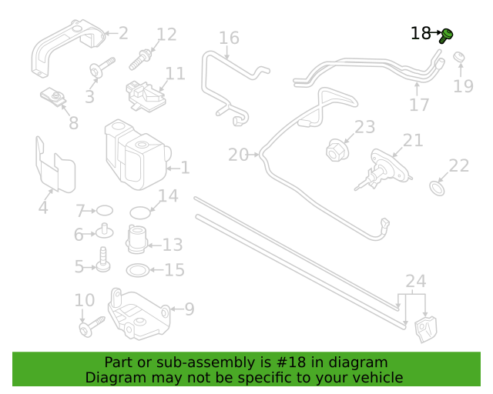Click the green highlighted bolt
click(x=447, y=35)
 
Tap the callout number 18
click(x=421, y=33)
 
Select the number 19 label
click(x=463, y=85)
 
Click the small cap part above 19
click(x=459, y=57)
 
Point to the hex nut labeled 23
click(x=337, y=151)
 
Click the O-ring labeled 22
click(x=437, y=188)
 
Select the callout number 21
click(x=413, y=140)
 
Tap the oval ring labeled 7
click(x=105, y=211)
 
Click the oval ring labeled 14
click(x=140, y=212)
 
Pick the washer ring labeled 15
click(x=138, y=270)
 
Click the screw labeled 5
click(x=103, y=259)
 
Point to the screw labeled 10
click(x=92, y=327)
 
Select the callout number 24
click(x=416, y=281)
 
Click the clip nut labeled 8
click(x=53, y=97)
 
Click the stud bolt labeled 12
click(x=140, y=59)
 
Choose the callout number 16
click(x=229, y=38)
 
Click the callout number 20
click(x=238, y=155)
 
